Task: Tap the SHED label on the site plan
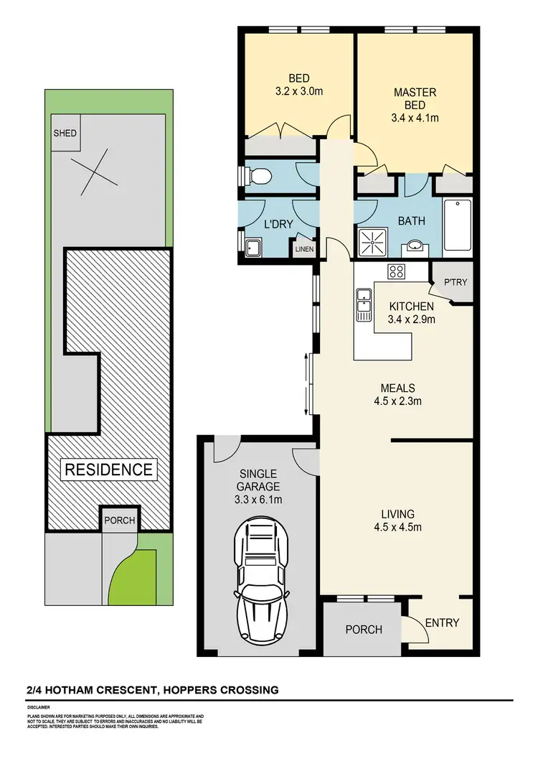click(x=66, y=134)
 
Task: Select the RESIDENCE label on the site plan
click(x=109, y=470)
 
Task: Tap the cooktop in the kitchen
click(x=396, y=271)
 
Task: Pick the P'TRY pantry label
click(x=454, y=282)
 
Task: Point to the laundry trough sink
click(x=253, y=248)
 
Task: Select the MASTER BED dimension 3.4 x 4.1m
click(x=415, y=118)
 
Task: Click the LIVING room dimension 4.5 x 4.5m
click(x=397, y=528)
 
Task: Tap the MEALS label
click(x=397, y=387)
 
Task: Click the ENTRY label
click(x=442, y=622)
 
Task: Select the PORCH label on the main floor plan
click(x=364, y=630)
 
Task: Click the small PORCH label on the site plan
click(x=119, y=520)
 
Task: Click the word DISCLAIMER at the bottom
click(x=39, y=707)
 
